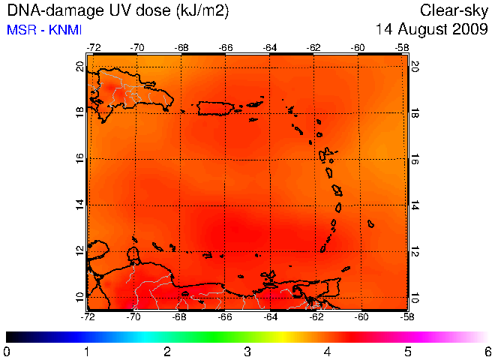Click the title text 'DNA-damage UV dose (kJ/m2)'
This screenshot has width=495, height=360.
(x=118, y=10)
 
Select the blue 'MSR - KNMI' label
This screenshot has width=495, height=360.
(x=44, y=30)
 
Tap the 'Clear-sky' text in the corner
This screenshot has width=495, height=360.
(x=454, y=11)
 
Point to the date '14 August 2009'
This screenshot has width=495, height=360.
(x=431, y=29)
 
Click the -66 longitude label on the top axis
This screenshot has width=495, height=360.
(x=226, y=48)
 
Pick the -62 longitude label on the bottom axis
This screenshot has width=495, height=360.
(x=316, y=316)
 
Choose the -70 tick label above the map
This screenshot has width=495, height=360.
(x=137, y=48)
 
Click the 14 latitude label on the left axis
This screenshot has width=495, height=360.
(x=80, y=205)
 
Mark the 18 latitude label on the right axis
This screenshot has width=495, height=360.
(x=414, y=112)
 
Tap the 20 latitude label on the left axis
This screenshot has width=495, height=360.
(x=80, y=67)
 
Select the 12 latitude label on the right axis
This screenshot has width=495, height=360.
(x=414, y=251)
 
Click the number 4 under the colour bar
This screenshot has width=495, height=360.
(x=328, y=352)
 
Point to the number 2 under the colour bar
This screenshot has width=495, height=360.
(x=167, y=352)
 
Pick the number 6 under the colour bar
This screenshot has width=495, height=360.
(x=488, y=352)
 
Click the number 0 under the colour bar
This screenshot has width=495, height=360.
(x=6, y=352)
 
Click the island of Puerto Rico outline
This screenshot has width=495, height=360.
(x=199, y=109)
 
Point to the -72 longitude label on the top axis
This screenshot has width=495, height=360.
(x=94, y=48)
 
